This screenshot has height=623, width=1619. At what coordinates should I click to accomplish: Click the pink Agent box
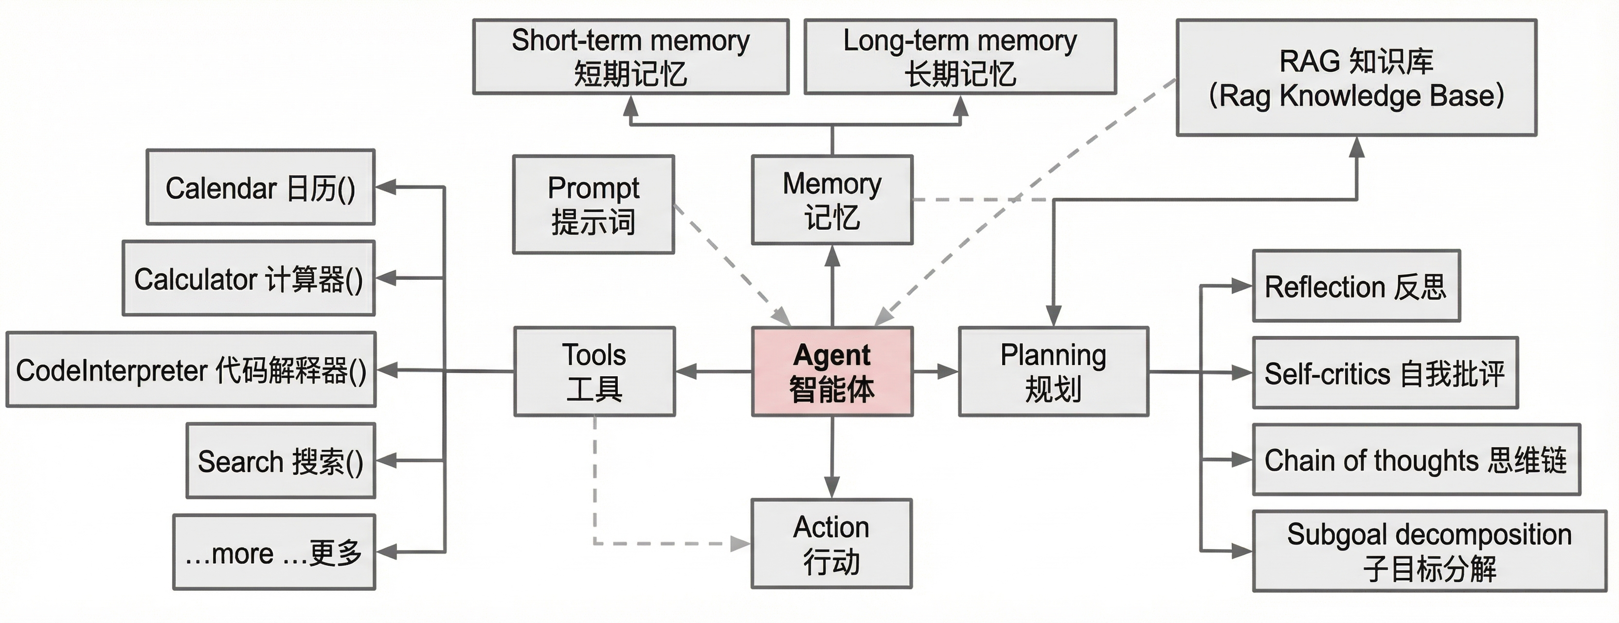[832, 371]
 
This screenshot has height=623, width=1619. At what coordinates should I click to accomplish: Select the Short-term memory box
[630, 56]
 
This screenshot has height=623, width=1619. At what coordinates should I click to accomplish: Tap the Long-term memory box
[960, 56]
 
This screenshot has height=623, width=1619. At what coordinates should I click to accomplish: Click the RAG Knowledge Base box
[1356, 77]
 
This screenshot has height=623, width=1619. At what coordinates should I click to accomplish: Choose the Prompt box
[594, 204]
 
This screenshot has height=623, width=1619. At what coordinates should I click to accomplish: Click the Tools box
[594, 371]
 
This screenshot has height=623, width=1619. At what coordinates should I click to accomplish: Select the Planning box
[1053, 371]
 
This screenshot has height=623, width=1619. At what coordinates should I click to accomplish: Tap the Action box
[831, 544]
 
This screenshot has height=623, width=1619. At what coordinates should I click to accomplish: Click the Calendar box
[261, 187]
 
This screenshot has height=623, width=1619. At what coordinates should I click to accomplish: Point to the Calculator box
[249, 278]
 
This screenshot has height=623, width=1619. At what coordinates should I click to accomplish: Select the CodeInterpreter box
[191, 369]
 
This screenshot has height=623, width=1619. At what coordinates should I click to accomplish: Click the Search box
[281, 461]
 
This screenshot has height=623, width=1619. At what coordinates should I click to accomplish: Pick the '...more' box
[274, 552]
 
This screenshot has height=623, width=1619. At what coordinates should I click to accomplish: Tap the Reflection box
[1356, 286]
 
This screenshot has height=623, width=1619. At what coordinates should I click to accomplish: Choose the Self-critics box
[1385, 373]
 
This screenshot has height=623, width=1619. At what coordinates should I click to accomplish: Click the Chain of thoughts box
[1416, 459]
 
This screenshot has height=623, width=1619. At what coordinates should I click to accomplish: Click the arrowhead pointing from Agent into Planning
[948, 371]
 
